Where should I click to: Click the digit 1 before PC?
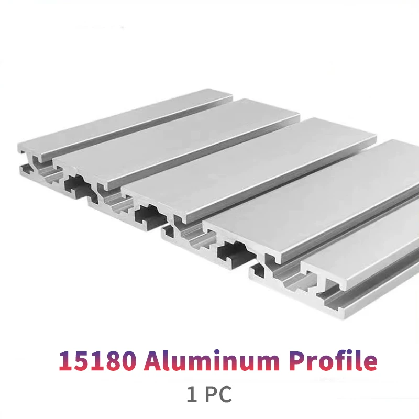point(192,395)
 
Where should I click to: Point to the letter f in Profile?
point(340,361)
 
